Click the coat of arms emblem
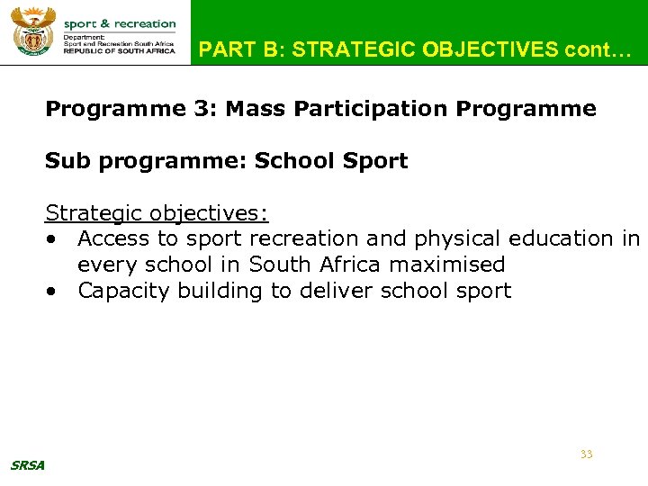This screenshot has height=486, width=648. pos(33,32)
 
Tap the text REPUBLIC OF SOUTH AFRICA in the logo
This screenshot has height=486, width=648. pos(120,51)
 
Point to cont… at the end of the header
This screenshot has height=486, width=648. pos(594,49)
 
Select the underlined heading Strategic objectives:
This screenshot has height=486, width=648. pos(157,213)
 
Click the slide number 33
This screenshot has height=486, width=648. pos(586,454)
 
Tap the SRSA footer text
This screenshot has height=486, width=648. pos(28,465)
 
